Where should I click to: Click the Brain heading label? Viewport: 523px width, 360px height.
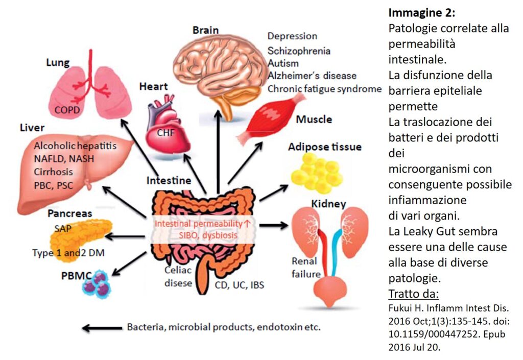205,30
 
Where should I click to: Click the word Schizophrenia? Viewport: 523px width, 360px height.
299,51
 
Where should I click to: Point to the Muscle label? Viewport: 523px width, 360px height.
314,120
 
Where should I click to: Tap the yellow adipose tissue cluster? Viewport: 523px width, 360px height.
316,172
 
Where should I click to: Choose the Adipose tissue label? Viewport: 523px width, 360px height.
324,147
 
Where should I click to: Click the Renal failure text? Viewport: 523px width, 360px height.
306,268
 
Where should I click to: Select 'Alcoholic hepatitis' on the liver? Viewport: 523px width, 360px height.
75,146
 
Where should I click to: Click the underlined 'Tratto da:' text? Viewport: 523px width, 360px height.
414,295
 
